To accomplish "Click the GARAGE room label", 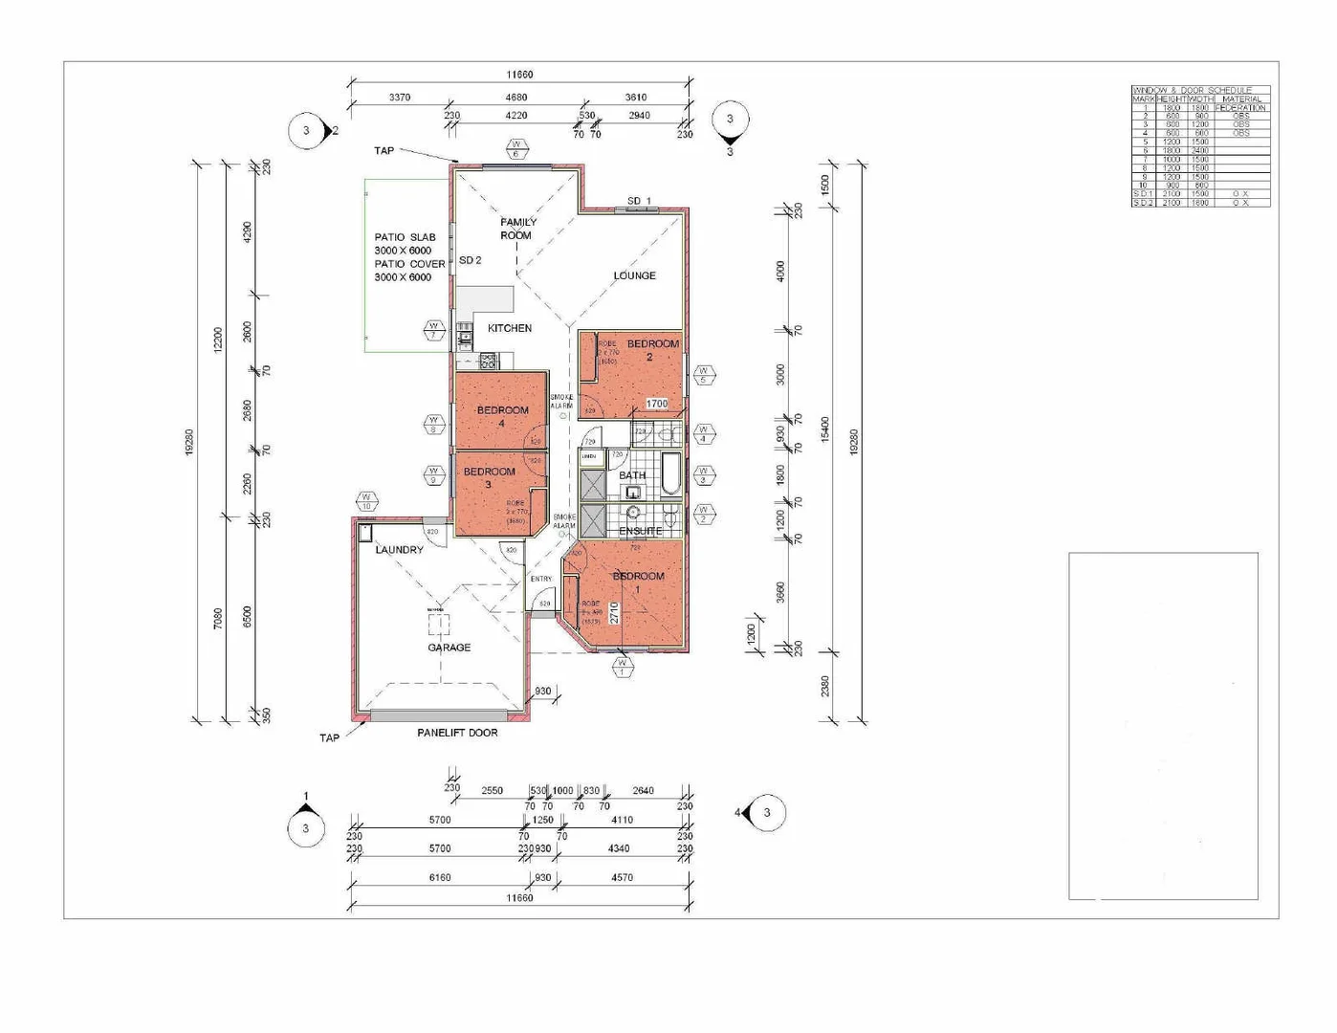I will tap(449, 648).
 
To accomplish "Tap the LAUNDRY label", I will tap(399, 550).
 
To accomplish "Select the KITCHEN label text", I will tap(510, 328).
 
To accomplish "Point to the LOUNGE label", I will tap(634, 275).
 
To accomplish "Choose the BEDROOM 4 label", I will tap(502, 416).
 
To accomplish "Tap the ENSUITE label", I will tap(640, 531).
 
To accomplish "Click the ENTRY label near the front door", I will tap(541, 579).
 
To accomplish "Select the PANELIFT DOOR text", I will tap(457, 733).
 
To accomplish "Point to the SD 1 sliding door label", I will tap(639, 201).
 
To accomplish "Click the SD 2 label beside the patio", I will tap(470, 260).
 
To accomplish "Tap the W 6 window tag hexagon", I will tap(515, 149).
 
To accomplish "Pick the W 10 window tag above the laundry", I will tap(366, 501).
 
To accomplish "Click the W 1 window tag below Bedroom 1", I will tap(622, 667).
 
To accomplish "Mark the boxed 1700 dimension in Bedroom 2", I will tap(656, 404).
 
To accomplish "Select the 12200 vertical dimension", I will tap(218, 340).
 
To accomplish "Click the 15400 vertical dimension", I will tap(825, 429).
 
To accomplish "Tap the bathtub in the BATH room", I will tap(670, 475).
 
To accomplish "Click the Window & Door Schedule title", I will tap(1192, 90).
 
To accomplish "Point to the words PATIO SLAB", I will tap(405, 237).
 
